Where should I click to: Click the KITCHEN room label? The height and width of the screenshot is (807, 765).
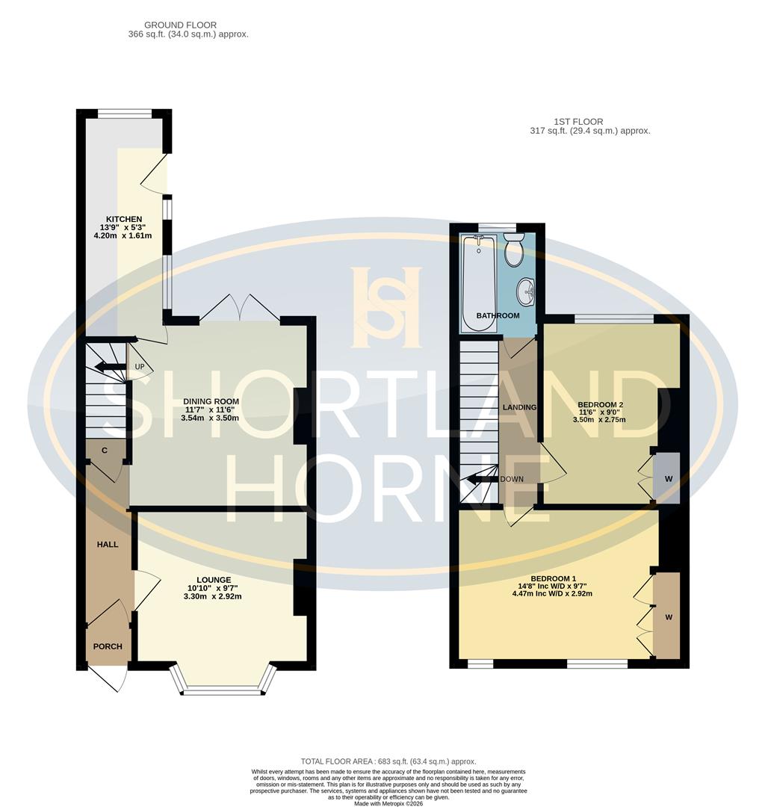click(x=124, y=219)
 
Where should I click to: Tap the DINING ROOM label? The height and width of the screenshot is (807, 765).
click(x=210, y=401)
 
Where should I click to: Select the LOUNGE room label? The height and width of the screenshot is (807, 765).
click(x=214, y=579)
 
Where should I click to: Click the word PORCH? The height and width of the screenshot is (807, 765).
click(x=108, y=646)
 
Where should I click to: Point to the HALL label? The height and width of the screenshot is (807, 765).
click(x=108, y=545)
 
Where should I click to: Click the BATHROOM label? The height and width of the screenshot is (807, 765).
click(x=498, y=315)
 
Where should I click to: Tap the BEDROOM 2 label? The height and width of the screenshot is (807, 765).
click(x=601, y=405)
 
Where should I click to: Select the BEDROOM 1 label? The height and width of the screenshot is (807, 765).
click(x=554, y=578)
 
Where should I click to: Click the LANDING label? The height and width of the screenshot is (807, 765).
click(x=519, y=407)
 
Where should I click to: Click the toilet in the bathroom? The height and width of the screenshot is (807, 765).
click(x=514, y=250)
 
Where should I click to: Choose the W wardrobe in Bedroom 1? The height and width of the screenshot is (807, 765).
click(x=668, y=616)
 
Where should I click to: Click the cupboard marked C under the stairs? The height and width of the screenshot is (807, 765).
click(x=105, y=451)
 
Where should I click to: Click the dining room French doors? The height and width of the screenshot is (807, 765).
click(x=240, y=308)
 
